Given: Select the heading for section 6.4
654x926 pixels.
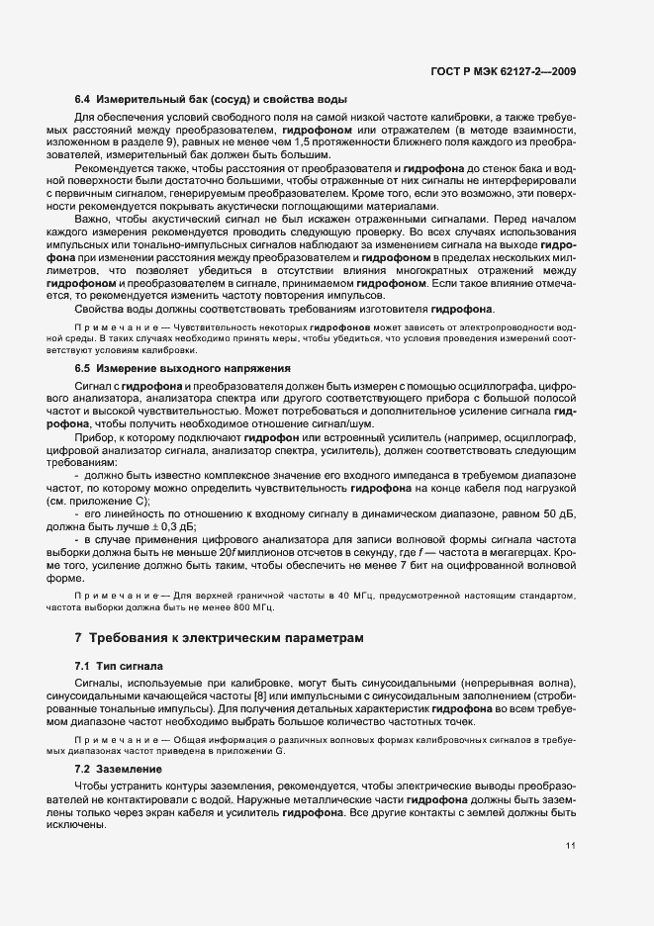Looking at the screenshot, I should click(x=211, y=100).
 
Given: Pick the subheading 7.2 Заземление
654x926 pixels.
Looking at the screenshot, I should click(x=120, y=768).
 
